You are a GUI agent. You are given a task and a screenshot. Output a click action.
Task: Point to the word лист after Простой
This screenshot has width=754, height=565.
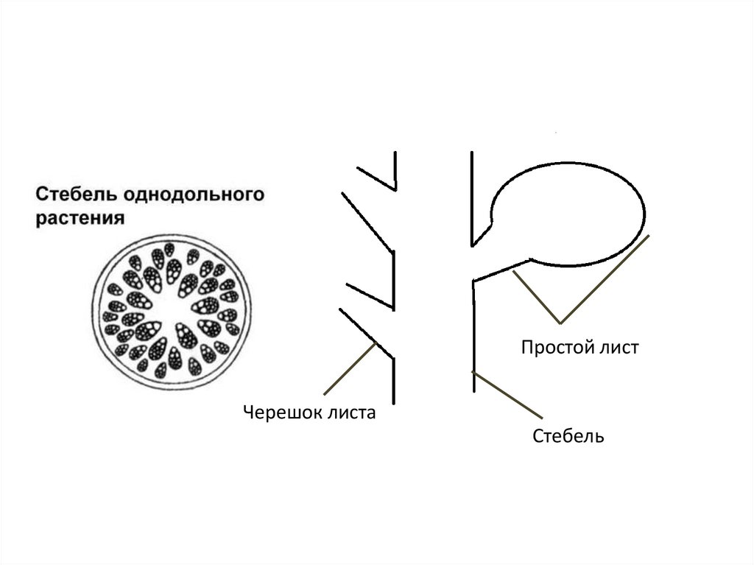point(619,347)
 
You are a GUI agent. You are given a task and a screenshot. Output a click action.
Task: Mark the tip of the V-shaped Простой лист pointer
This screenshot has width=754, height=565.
point(561,323)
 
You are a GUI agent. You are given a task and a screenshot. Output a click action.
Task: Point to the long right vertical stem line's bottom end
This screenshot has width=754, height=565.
point(473,390)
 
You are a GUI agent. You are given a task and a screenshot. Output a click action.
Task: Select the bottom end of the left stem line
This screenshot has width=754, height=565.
point(395,401)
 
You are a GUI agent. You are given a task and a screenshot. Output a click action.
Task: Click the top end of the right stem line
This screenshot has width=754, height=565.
point(473,154)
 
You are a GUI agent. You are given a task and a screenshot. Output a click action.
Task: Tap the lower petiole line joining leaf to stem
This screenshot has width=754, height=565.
point(501,269)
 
